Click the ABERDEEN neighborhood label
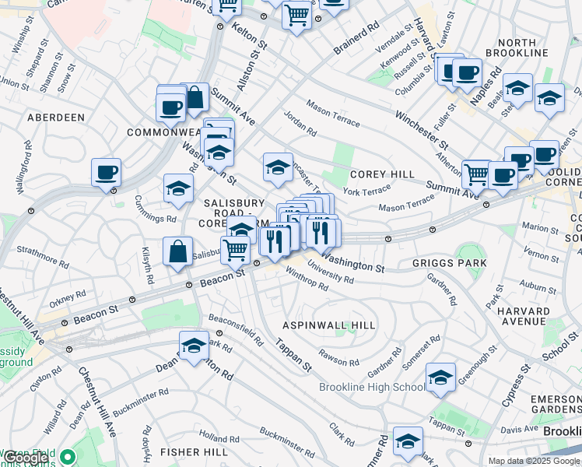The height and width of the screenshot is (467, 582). coord(55,117)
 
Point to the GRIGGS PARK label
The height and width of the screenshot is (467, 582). coord(450,263)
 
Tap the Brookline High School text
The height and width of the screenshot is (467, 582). coord(372,387)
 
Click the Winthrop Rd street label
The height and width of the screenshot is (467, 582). coord(307,279)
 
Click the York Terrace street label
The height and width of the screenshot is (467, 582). coord(366,191)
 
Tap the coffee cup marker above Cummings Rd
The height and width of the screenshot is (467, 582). coord(106,173)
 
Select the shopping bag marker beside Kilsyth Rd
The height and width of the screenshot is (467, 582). coord(178,252)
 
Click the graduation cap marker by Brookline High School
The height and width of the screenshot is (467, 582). coord(440,378)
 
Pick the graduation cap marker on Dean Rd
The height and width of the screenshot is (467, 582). coord(194,346)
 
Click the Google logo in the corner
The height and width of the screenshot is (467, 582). coord(25,458)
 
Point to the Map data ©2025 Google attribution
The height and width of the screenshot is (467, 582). coord(534,461)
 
